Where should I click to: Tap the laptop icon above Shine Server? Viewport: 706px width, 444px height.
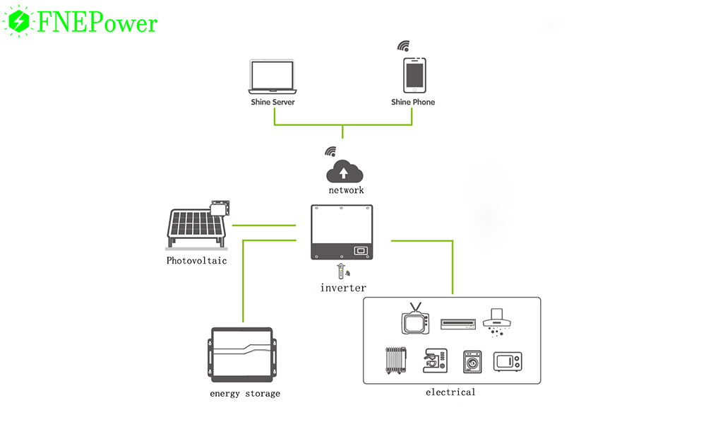pos(273,77)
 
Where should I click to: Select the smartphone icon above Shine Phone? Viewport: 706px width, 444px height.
pos(414,75)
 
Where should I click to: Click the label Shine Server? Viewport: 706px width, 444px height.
pos(273,103)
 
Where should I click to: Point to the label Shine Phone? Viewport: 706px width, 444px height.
pos(413,103)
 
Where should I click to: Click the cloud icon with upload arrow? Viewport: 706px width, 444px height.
pos(344,172)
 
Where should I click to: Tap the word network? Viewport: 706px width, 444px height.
pos(346,190)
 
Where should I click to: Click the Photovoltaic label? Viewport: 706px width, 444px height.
pos(196,261)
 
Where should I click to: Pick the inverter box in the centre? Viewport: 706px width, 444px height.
pos(342,232)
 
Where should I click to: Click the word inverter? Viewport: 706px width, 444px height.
pos(343,288)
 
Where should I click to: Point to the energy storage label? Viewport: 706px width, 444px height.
pos(245,394)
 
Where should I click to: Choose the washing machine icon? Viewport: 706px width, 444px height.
pos(472,362)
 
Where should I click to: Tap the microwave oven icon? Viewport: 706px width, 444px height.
pos(508,362)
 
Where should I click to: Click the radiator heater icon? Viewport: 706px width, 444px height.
pos(396,360)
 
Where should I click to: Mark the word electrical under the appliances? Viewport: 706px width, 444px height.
pos(450,392)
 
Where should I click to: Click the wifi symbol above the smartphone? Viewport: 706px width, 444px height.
pos(403,47)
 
